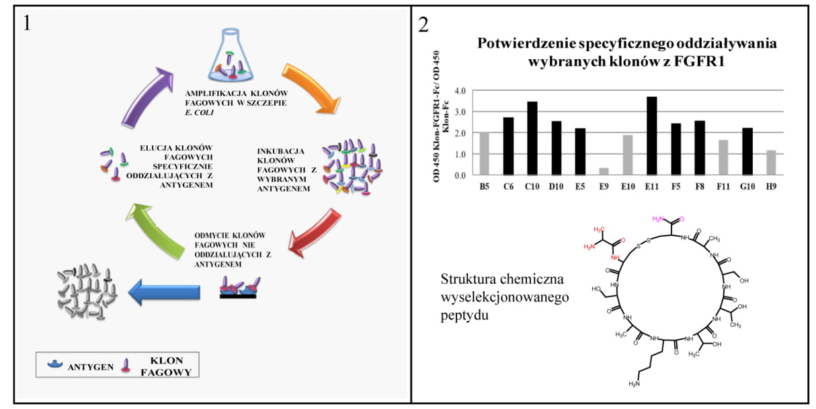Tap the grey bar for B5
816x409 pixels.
(x=484, y=154)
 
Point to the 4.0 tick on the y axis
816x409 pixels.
(x=460, y=91)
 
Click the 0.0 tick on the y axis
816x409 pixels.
(x=460, y=176)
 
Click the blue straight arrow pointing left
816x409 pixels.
(x=164, y=293)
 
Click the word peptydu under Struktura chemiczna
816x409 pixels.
(x=464, y=314)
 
